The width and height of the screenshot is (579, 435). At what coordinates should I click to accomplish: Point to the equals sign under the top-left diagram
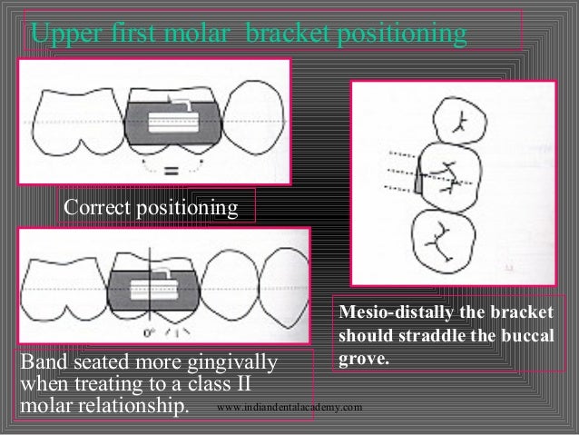pos(172,168)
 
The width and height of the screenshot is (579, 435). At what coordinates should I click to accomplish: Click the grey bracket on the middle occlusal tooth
pos(419,182)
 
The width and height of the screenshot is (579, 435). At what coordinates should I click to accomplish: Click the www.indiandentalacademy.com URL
pos(289,408)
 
